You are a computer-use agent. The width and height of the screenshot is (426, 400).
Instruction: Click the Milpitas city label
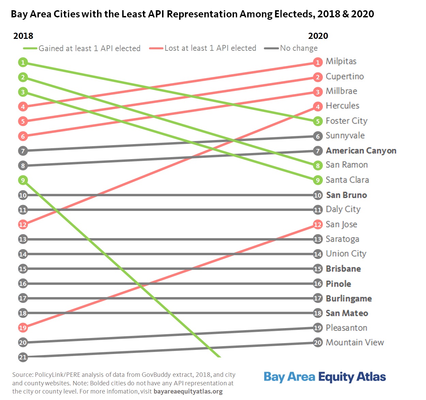pos(341,61)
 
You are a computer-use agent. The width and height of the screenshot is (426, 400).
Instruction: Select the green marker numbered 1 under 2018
pos(23,62)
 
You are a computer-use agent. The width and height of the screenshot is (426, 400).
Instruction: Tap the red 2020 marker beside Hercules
pos(318,107)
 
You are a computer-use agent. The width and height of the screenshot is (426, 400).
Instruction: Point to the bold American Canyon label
pos(361,151)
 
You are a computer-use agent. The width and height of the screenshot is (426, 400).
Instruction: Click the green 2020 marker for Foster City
pos(318,121)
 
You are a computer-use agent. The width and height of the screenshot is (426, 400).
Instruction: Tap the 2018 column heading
pos(23,36)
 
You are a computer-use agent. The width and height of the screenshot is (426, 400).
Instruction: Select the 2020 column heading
pos(318,36)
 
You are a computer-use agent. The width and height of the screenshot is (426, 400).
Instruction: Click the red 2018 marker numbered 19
pos(23,328)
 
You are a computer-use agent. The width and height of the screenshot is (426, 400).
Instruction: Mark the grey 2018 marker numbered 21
pos(23,357)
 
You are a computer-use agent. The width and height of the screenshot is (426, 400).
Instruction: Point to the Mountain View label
pos(354,342)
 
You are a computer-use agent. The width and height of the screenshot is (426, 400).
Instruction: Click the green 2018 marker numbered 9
pos(23,180)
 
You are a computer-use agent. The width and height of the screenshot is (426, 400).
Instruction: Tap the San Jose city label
pos(341,224)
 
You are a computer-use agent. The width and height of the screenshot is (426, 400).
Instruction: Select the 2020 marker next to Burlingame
pos(318,298)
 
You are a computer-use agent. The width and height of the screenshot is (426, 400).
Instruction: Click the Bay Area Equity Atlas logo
pos(325,377)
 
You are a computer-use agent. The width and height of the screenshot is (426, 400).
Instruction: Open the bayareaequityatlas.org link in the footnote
pos(188,391)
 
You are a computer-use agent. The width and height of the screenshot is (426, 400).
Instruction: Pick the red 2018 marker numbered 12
pos(23,225)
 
